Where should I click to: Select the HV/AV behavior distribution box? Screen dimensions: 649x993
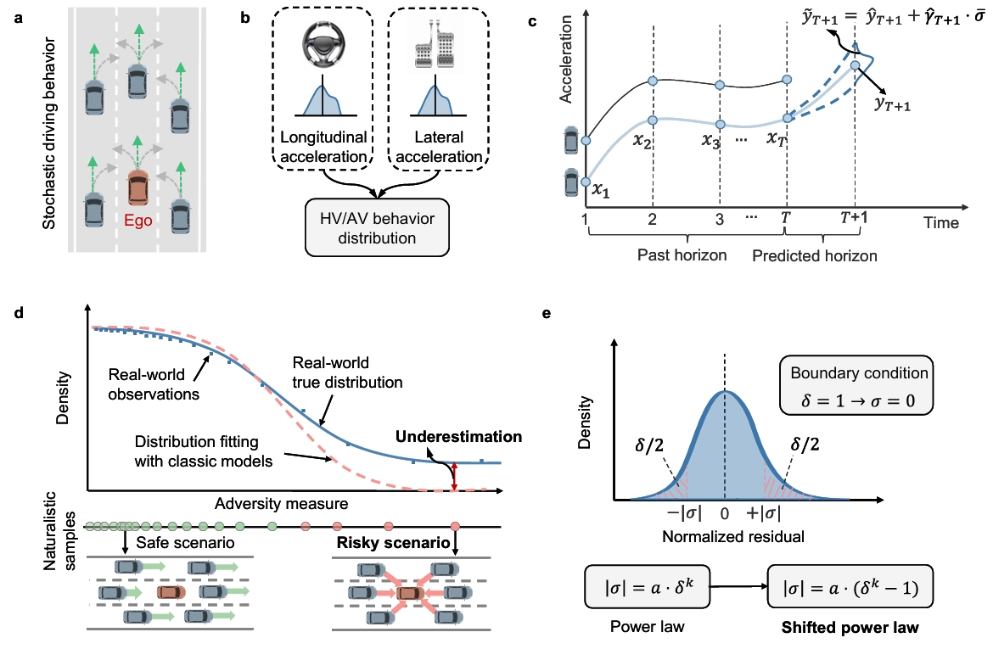pos(377,228)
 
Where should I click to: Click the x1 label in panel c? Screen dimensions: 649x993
pos(601,191)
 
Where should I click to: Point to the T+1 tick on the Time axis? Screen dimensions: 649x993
pos(854,217)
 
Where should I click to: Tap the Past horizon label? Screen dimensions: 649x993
pos(682,255)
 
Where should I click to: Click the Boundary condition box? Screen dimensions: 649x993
pos(859,385)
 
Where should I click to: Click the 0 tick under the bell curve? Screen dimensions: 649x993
pos(724,514)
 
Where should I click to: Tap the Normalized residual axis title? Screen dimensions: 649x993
pos(724,536)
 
